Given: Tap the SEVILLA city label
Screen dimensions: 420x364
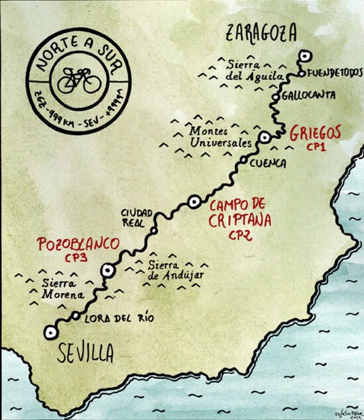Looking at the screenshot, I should coord(85,353).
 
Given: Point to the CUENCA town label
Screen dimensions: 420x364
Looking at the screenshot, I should coord(267,163).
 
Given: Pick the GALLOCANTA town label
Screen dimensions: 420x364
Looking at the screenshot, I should coord(310,95).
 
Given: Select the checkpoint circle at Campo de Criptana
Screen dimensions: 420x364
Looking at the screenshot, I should coord(194,200).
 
